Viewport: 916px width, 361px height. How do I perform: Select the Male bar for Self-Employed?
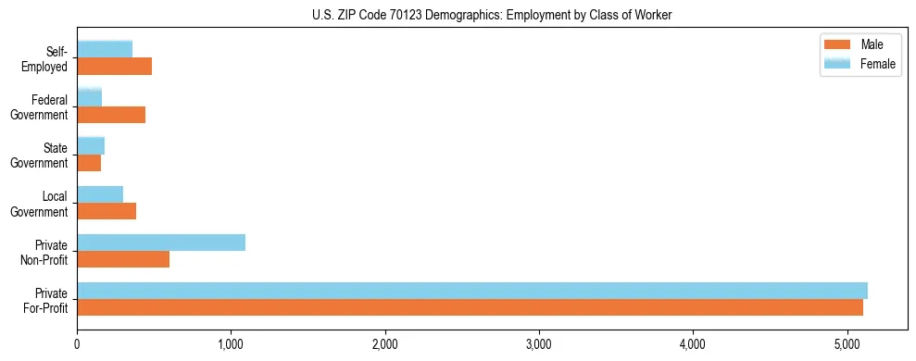tap(114, 67)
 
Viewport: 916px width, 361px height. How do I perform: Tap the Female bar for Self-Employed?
tap(105, 49)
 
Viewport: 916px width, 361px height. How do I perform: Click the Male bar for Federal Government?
tap(111, 115)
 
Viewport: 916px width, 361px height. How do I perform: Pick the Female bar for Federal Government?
tap(89, 97)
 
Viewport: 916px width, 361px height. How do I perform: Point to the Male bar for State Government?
tap(89, 163)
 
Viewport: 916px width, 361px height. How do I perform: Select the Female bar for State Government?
tap(91, 145)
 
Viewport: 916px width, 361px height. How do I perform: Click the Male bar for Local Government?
tap(107, 211)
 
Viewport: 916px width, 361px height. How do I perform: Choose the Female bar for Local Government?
tap(100, 193)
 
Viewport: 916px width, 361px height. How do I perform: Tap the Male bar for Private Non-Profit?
tap(123, 259)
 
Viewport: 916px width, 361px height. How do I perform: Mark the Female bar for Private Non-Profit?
tap(161, 242)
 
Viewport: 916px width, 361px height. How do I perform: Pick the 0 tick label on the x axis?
tap(77, 345)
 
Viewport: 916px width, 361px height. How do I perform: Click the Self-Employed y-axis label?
tap(48, 58)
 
